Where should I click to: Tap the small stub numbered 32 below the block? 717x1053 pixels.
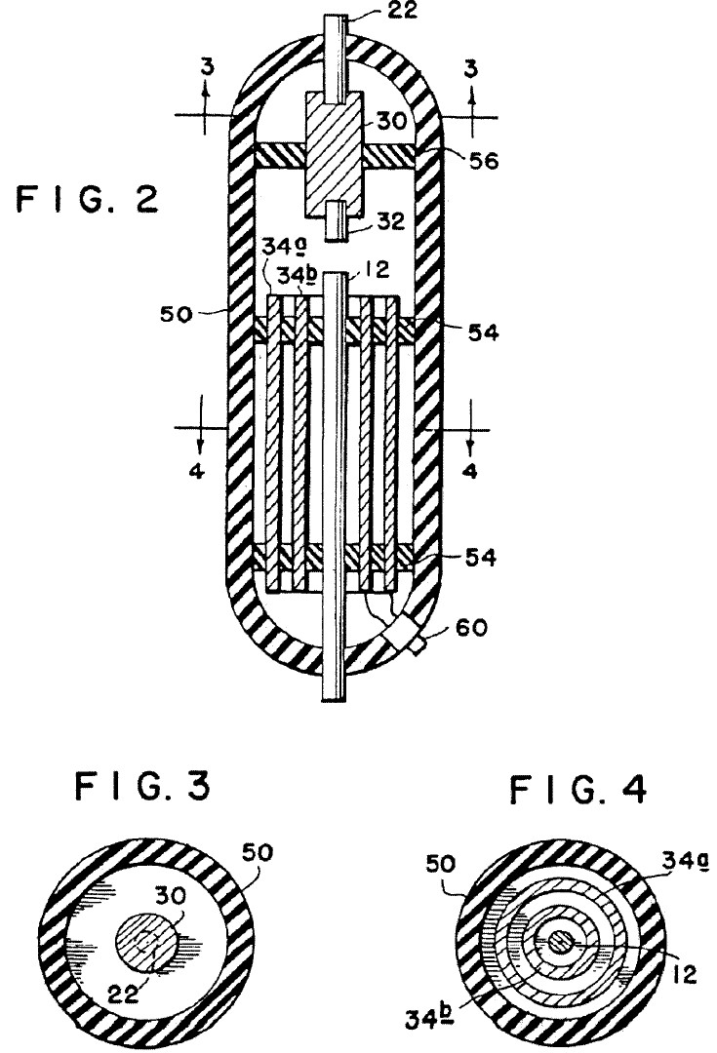tap(335, 220)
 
